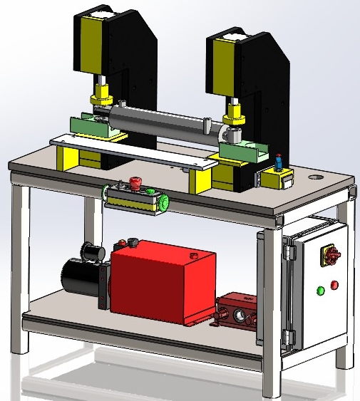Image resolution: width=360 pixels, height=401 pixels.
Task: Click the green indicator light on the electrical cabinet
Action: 320,289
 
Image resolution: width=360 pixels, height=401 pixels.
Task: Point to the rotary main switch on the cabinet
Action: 331,254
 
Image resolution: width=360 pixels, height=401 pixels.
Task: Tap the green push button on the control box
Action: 150,190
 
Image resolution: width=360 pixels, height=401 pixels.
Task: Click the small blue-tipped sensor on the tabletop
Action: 279,162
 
